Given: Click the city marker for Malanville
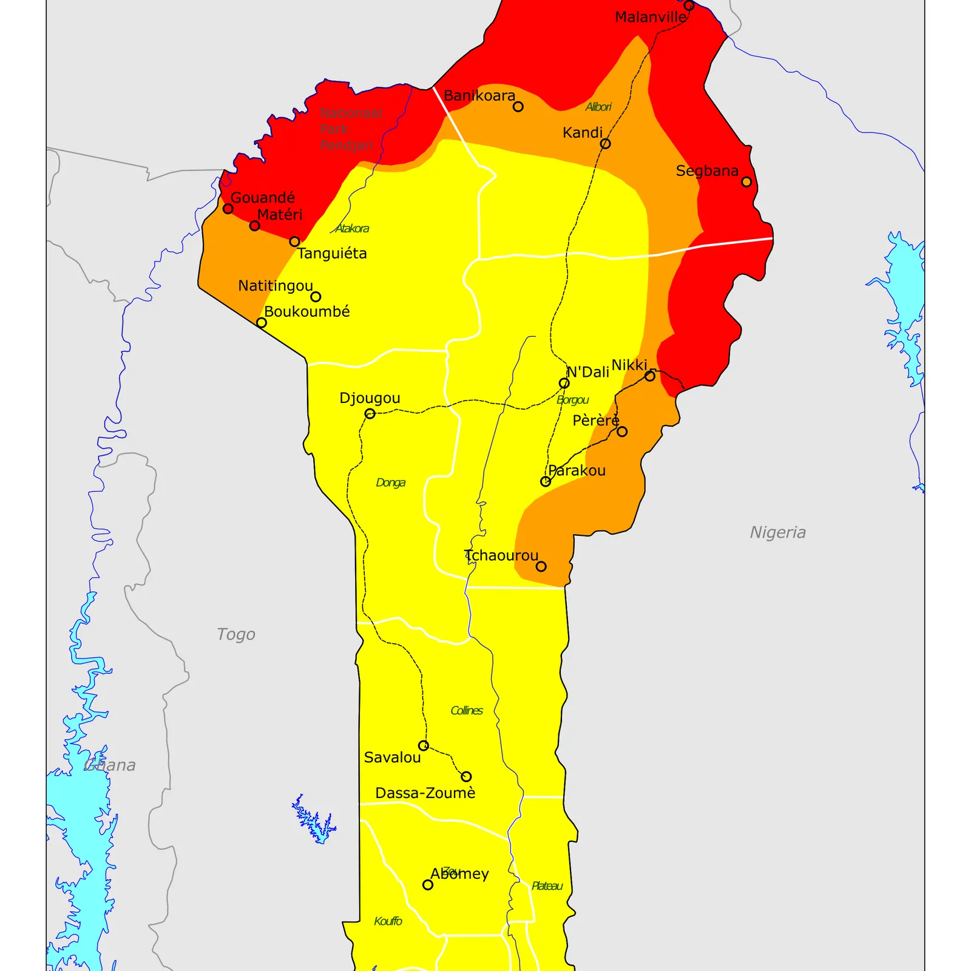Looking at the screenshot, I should click(x=689, y=5).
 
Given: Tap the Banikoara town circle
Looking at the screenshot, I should click(x=518, y=107).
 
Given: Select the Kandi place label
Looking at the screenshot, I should click(x=583, y=133).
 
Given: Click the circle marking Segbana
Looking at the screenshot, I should click(x=746, y=181).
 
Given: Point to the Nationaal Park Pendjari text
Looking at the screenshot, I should click(x=351, y=129).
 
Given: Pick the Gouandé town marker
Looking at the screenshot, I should click(x=228, y=209).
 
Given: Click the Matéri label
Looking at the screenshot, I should click(x=280, y=215).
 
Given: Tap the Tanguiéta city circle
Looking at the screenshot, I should click(x=294, y=242).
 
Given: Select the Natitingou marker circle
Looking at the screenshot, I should click(x=316, y=297).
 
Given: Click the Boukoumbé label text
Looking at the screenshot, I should click(x=307, y=312).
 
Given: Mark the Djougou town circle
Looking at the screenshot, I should click(x=370, y=414).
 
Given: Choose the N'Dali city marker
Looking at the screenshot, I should click(x=564, y=384).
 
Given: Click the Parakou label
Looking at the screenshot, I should click(x=577, y=471).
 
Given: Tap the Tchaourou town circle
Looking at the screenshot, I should click(x=541, y=566).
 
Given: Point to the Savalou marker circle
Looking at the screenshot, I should click(x=424, y=745).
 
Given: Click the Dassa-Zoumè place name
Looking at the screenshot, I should click(x=425, y=793).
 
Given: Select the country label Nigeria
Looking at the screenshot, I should click(x=778, y=533).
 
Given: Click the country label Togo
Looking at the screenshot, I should click(x=236, y=635).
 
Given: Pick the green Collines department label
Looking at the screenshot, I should click(x=467, y=711).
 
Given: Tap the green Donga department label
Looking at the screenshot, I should click(x=390, y=483).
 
